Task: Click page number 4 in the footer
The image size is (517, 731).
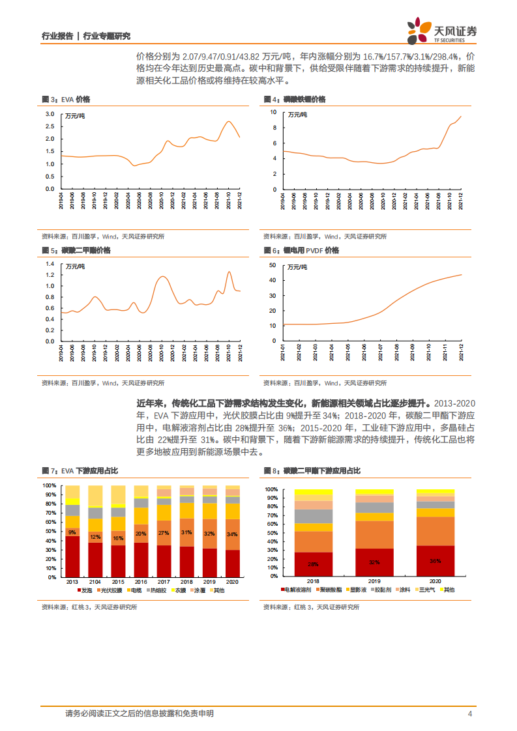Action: pos(469,713)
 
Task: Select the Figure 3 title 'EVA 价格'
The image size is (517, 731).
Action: pos(76,99)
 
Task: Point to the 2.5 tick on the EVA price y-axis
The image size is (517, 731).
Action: pos(50,126)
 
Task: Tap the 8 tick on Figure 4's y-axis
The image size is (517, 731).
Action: pos(274,127)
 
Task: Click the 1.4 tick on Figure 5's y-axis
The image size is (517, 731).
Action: pos(48,264)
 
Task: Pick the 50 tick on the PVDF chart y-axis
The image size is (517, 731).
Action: pos(273,265)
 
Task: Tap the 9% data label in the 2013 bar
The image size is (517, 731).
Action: pos(72,532)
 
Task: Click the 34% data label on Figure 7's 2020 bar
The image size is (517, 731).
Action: pos(232,535)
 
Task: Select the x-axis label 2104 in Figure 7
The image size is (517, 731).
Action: pos(95,581)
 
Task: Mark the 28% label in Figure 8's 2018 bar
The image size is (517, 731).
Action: pos(313,564)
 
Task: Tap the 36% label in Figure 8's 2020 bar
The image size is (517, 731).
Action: pos(436,560)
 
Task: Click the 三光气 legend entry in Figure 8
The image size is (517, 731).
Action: pos(427,590)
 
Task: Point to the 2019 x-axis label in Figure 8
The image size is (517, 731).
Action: pos(374,581)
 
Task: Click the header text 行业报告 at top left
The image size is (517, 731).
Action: pos(57,36)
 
